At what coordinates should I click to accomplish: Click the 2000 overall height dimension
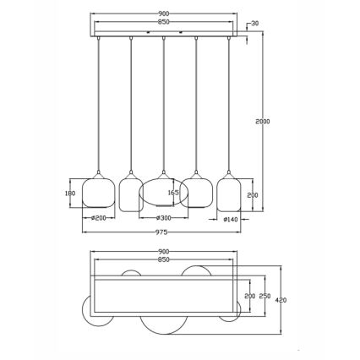[x=262, y=122]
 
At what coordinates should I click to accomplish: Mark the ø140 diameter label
[x=229, y=221]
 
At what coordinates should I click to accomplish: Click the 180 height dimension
[x=71, y=193]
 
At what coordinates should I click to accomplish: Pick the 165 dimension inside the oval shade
[x=174, y=193]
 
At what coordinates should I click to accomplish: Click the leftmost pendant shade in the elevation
[x=100, y=192]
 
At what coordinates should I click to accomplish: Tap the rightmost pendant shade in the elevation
[x=228, y=192]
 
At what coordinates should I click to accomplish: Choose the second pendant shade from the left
[x=130, y=193]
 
